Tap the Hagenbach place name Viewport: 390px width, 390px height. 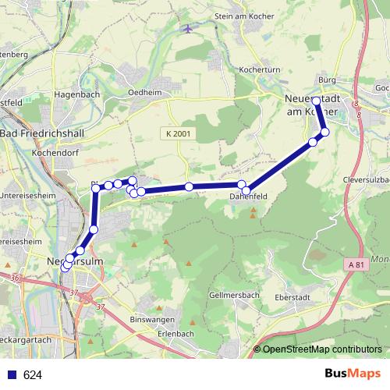point(74,94)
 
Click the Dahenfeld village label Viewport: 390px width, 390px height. point(249,197)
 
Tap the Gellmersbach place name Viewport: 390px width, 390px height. point(235,296)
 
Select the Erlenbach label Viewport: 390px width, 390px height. point(175,333)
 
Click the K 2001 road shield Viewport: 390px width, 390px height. point(178,134)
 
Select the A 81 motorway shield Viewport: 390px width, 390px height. point(356,265)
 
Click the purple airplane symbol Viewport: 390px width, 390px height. point(187,30)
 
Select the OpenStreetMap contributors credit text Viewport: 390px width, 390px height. point(321,349)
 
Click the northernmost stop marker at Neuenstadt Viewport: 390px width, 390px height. point(316,101)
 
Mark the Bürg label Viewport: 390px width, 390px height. point(326,80)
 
